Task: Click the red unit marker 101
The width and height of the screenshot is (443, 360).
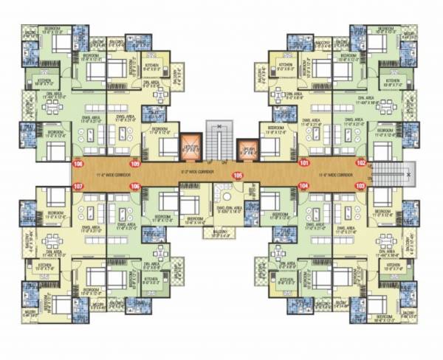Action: (x=303, y=162)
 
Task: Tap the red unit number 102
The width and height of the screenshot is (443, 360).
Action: (x=361, y=162)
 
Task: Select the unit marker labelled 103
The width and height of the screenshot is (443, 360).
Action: (x=360, y=186)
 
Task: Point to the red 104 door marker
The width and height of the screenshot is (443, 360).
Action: (x=303, y=186)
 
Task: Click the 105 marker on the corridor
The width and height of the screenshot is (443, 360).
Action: (x=238, y=176)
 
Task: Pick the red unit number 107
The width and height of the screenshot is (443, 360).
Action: (x=79, y=186)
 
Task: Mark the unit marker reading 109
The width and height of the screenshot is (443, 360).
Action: (x=135, y=162)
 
